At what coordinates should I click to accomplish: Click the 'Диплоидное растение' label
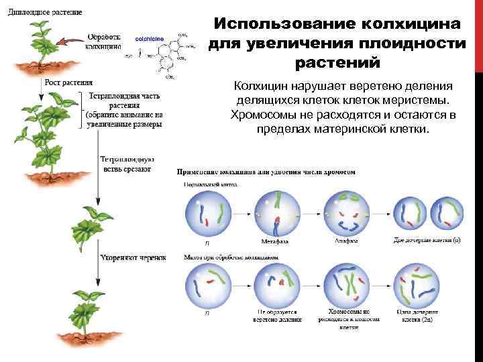pos(46,12)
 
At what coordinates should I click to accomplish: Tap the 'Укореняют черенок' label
pos(132,257)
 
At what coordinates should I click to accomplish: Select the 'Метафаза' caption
pos(276,241)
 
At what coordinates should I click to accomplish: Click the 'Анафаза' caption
pos(345,241)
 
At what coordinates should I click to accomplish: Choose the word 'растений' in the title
pos(337,63)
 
